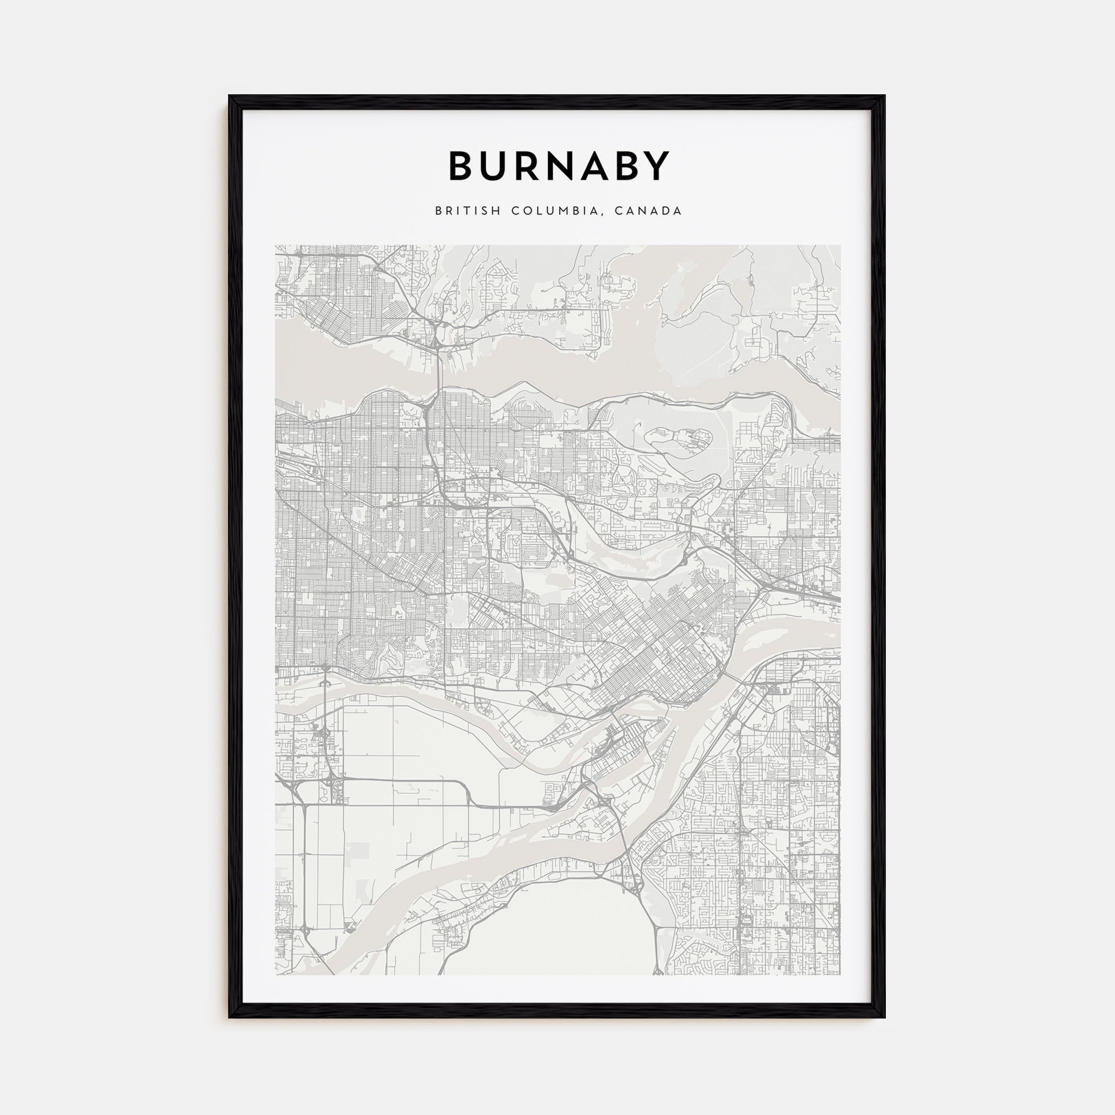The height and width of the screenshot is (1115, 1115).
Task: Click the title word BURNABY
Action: pos(559,166)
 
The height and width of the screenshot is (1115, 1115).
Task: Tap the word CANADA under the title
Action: pos(648,211)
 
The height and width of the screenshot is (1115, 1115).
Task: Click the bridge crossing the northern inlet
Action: pos(439,370)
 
